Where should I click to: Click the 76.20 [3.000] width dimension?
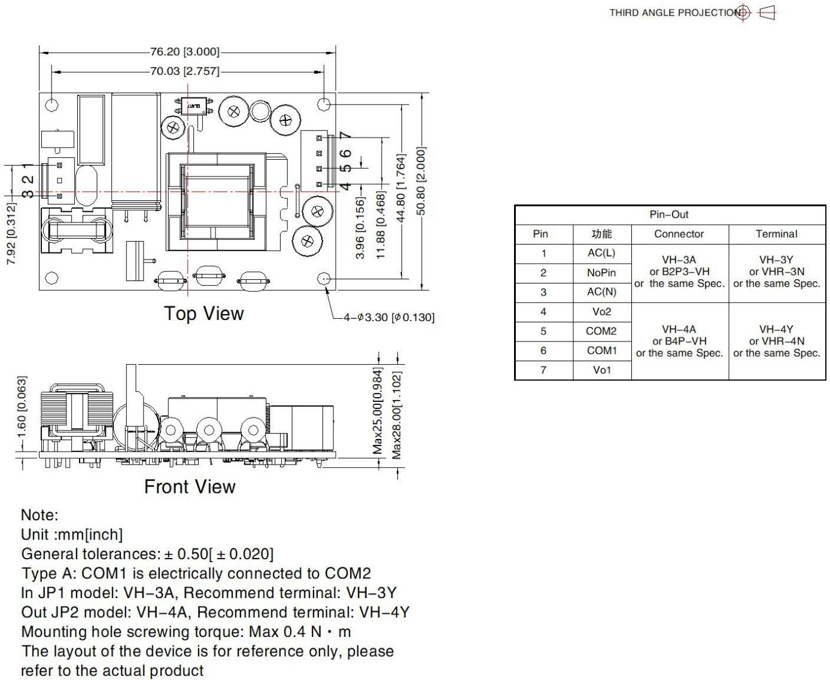pos(184,52)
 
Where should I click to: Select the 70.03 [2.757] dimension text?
pos(184,71)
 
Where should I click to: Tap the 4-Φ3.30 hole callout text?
pos(389,317)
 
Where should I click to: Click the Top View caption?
pos(204,313)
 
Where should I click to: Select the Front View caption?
pos(190,486)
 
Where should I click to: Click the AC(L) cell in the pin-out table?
pos(601,253)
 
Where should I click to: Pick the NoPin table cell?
pos(601,273)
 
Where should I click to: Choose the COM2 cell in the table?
pos(601,331)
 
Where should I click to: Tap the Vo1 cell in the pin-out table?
pos(602,370)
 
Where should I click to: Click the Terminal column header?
pos(777,234)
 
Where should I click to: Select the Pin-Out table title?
pos(669,214)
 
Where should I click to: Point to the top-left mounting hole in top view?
pos(52,105)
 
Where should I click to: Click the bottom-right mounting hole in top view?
pos(324,279)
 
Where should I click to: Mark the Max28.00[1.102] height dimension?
pos(397,415)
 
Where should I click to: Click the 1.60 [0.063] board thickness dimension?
pos(22,407)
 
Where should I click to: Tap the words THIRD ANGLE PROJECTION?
pos(675,13)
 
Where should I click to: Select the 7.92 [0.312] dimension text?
pos(11,234)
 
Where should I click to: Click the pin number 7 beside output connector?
pos(345,136)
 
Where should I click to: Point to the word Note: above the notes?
pos(39,515)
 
